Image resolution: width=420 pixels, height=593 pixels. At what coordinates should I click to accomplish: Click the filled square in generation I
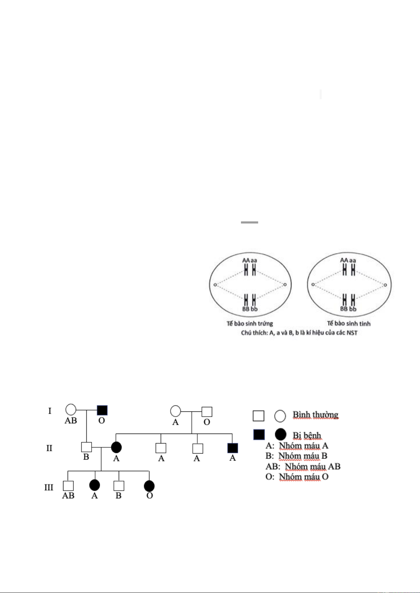102,410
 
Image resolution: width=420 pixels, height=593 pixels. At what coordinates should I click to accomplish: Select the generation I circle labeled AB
71,410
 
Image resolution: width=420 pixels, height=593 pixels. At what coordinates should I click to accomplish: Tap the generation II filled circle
116,447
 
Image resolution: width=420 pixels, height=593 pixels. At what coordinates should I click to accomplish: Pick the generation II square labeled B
86,447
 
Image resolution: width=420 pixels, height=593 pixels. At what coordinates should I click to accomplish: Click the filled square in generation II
233,448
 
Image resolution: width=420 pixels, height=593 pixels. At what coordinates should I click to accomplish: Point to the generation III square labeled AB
68,486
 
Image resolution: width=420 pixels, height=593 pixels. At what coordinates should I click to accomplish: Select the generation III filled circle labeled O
149,486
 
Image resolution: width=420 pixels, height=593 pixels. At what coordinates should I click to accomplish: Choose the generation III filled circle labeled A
94,485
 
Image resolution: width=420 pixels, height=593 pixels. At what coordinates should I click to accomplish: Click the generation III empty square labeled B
119,486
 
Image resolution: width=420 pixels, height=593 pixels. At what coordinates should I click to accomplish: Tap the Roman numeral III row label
49,487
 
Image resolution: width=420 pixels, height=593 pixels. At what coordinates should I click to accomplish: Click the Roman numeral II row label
49,448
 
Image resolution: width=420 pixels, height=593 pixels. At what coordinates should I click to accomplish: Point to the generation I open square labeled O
207,412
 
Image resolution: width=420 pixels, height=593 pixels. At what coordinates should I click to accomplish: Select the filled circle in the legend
280,435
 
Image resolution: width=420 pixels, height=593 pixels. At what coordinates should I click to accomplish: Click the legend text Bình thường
315,415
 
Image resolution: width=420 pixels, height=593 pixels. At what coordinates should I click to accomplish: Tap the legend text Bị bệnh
307,435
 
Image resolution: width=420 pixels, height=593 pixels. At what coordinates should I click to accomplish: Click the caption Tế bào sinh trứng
249,323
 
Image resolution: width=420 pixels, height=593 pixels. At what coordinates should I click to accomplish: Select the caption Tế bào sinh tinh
349,323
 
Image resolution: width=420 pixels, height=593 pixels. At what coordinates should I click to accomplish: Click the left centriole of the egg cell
215,285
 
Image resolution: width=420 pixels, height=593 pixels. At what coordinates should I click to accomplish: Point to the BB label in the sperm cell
344,309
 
